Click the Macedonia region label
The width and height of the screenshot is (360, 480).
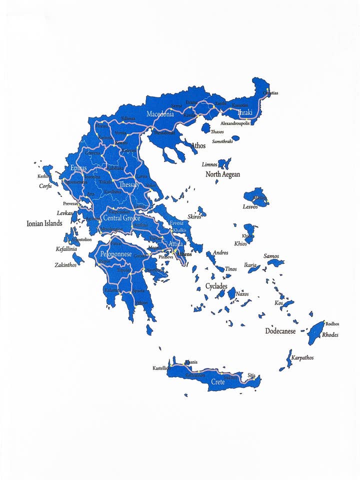tap(160, 114)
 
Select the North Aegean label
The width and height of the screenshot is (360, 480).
tap(222, 174)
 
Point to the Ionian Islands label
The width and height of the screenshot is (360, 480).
tap(44, 223)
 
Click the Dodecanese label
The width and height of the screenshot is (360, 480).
tap(280, 331)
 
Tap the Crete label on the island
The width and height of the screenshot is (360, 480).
tap(218, 382)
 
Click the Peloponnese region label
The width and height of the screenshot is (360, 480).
tap(116, 254)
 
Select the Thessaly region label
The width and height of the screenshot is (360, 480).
tap(129, 185)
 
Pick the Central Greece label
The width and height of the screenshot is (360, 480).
tap(121, 218)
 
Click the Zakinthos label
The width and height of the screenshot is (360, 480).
tap(65, 265)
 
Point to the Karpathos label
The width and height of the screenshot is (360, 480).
tap(302, 358)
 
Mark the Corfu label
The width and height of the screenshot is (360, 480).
tap(45, 186)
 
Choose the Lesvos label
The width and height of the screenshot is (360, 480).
tap(250, 206)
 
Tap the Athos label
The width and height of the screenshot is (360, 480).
tap(198, 146)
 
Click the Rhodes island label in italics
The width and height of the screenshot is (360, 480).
tap(330, 335)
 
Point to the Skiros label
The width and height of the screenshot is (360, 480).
tap(194, 217)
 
